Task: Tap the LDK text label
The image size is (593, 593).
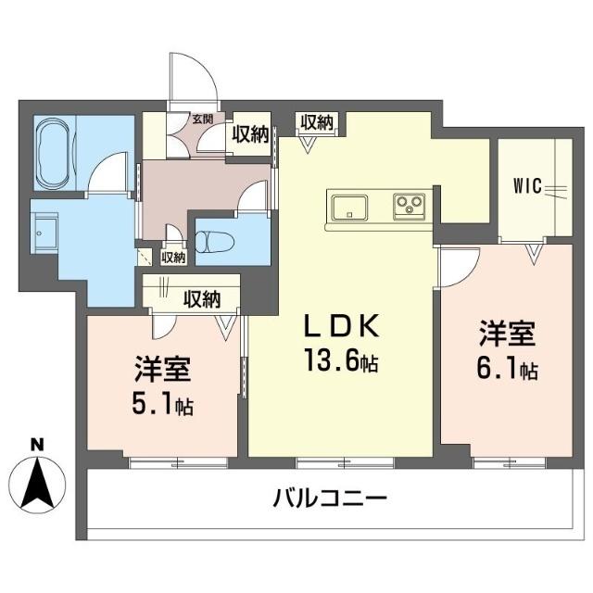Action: [341, 325]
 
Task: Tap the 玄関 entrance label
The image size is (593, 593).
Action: [202, 118]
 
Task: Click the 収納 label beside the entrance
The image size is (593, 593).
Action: [249, 134]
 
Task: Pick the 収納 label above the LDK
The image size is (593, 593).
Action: [317, 121]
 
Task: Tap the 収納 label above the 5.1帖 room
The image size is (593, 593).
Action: [201, 298]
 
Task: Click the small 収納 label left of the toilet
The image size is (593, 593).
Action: [172, 257]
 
